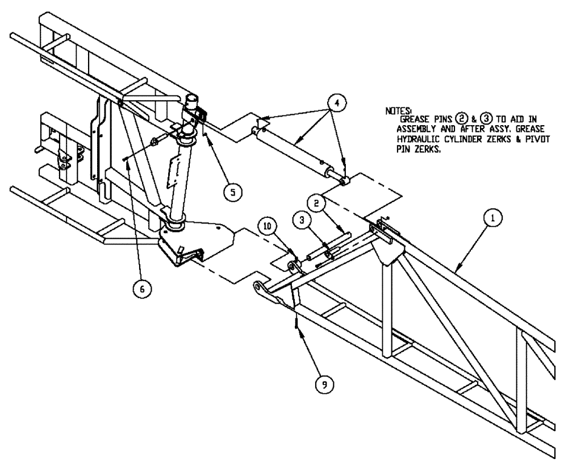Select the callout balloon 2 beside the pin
point(317,202)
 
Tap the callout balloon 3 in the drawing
point(301,219)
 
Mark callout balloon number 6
point(142,288)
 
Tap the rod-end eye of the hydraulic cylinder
point(344,180)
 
